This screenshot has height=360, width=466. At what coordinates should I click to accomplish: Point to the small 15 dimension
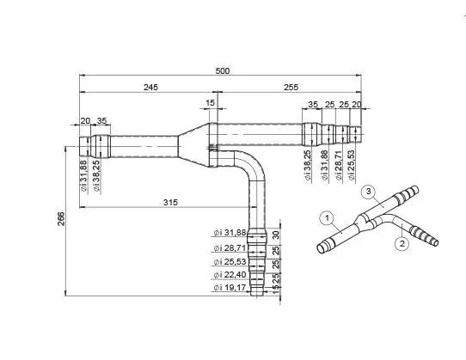tap(211, 103)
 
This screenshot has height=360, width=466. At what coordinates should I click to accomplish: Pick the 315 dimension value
tap(169, 203)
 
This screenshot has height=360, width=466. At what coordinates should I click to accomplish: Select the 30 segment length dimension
tap(276, 235)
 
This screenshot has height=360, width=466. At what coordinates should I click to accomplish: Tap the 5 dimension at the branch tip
tap(276, 289)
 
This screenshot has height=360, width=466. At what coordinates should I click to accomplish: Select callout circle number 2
tap(402, 244)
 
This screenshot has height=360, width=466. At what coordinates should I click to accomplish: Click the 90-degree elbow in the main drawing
tap(252, 168)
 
